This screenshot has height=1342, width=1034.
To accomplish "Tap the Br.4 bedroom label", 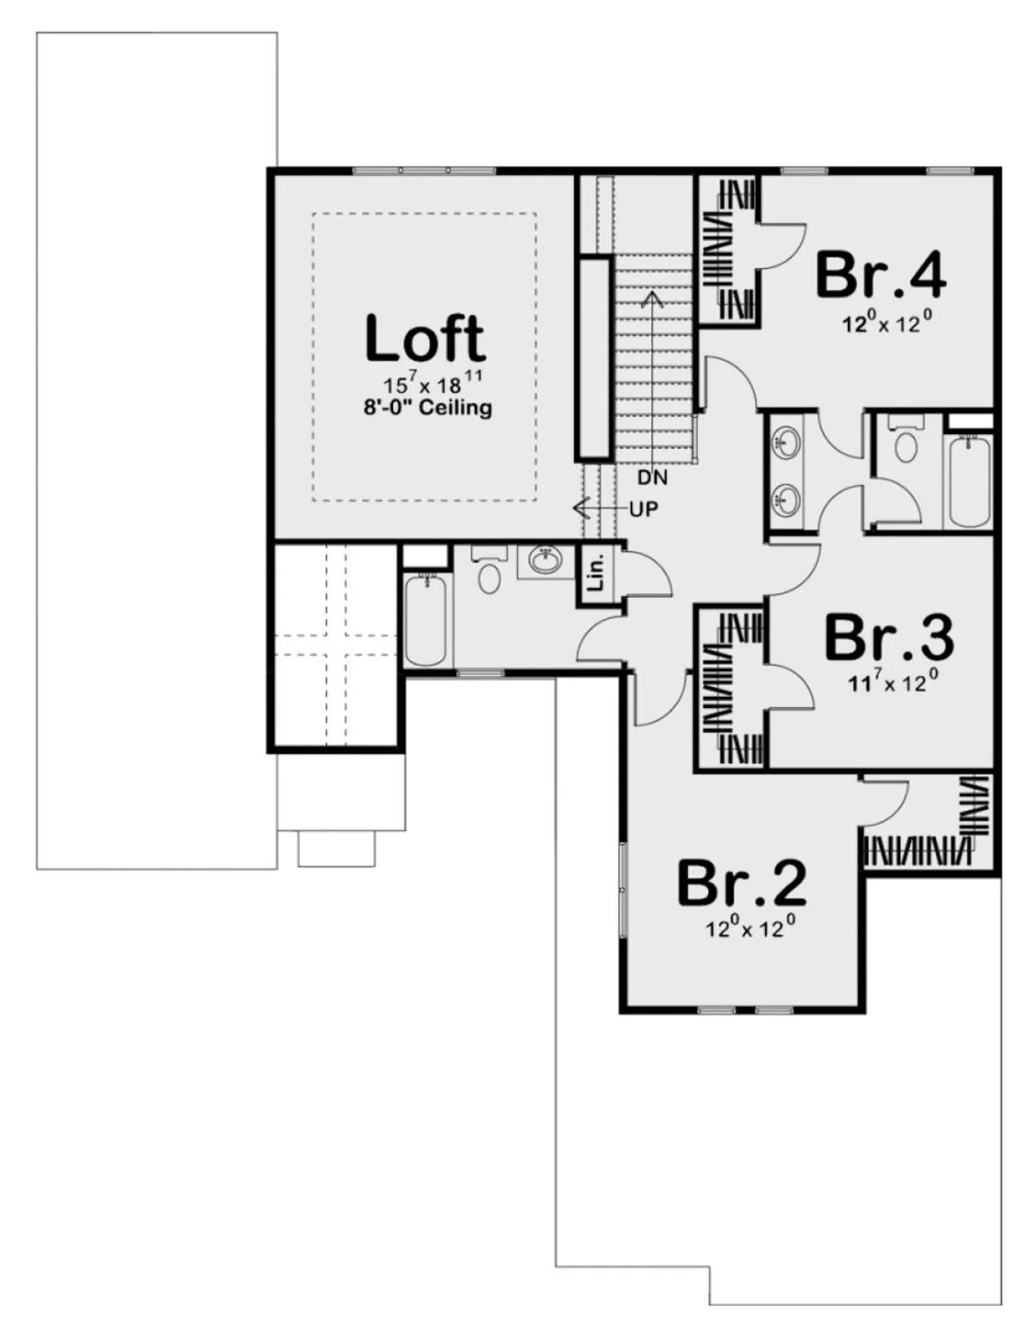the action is click(881, 275).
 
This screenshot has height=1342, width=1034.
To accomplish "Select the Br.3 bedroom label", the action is click(889, 637).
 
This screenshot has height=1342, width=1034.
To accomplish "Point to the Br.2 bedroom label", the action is click(742, 884).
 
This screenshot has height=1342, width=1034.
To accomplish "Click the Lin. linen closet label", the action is click(596, 575).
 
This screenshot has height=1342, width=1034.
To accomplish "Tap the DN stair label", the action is click(652, 477).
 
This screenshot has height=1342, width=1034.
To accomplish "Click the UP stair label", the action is click(644, 510).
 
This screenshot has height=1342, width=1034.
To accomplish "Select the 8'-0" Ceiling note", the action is click(428, 408).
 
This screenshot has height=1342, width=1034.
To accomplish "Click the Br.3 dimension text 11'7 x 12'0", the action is click(894, 681).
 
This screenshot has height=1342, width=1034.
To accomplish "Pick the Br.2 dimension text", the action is click(750, 927).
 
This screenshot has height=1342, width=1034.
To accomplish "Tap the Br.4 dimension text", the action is click(887, 321).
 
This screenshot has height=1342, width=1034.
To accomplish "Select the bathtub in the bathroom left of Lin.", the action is click(426, 619).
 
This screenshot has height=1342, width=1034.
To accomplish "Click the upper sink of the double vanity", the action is click(786, 443).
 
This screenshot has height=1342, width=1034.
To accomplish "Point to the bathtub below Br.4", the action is click(969, 482).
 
